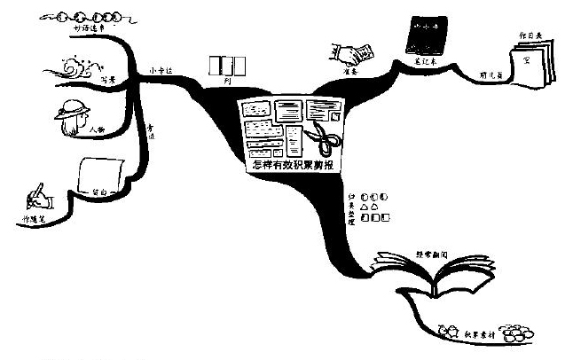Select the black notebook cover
pyautogui.click(x=422, y=35)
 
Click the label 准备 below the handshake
pyautogui.click(x=349, y=74)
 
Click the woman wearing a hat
pyautogui.click(x=73, y=118)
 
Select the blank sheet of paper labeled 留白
pyautogui.click(x=99, y=174)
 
